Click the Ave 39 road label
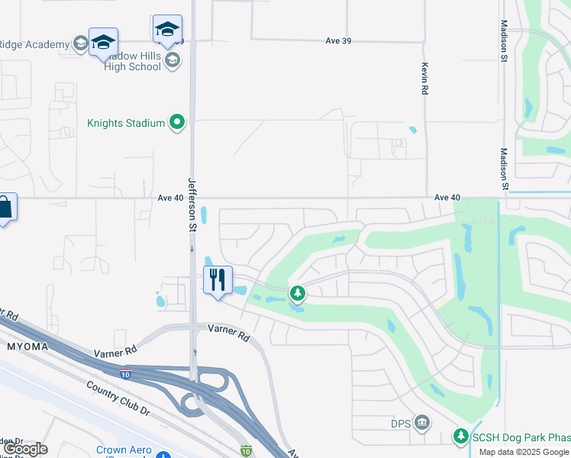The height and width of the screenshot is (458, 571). tap(337, 40)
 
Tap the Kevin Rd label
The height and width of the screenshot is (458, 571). tap(424, 79)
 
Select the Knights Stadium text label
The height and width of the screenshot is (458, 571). tap(126, 122)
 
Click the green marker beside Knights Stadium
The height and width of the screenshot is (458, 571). tap(178, 121)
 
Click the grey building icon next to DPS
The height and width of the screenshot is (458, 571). tap(421, 423)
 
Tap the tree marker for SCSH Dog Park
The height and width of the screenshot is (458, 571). tap(460, 436)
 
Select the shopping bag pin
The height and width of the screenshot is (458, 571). tap(4, 207)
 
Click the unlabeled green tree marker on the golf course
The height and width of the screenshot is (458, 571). tap(298, 292)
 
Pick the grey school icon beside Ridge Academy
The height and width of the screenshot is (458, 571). tap(80, 44)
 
